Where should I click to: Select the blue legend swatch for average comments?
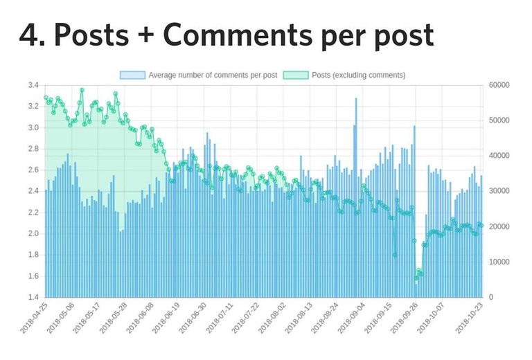tap(132, 75)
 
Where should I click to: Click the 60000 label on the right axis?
tap(499, 85)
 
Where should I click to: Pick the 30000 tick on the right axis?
tap(499, 191)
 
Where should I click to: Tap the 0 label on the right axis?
tap(490, 297)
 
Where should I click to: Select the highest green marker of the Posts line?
tap(82, 90)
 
